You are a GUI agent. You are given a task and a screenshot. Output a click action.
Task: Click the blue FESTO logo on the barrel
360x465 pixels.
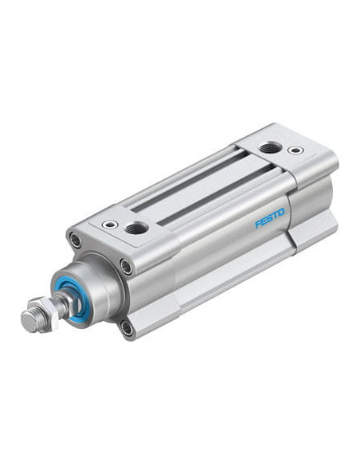coord(269,217)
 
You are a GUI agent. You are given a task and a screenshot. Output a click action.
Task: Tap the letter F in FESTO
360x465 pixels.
coord(258,223)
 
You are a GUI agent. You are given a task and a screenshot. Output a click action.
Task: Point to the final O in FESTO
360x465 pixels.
coord(281,212)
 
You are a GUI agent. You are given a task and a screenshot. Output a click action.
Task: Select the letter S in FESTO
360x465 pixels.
coord(270,217)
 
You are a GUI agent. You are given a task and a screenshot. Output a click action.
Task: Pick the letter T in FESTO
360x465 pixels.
coord(275,215)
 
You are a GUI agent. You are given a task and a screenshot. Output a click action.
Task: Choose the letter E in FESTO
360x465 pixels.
coord(264,220)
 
